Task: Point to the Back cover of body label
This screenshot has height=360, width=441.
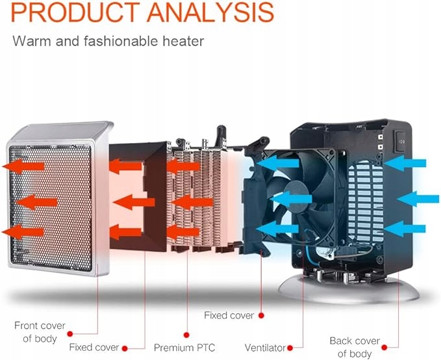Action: click(x=355, y=347)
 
